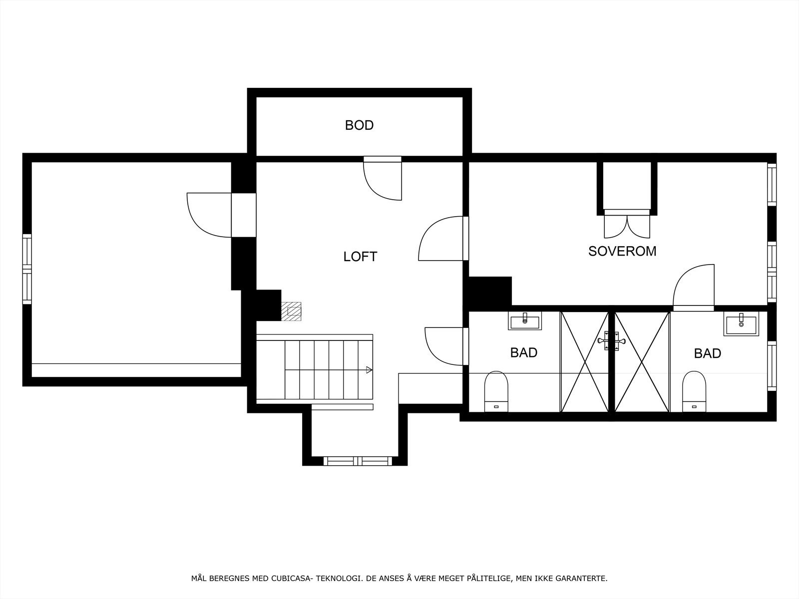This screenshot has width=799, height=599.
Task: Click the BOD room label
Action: [359, 125]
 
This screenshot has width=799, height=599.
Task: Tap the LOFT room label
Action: [360, 257]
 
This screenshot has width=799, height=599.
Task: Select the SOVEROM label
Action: [622, 251]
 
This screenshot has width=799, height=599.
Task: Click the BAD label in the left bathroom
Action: [523, 352]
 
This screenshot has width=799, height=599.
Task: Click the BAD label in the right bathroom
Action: [707, 353]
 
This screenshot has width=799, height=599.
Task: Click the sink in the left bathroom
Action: [524, 320]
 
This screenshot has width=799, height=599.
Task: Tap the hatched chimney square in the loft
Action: [292, 310]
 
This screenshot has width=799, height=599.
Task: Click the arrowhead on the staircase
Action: [369, 370]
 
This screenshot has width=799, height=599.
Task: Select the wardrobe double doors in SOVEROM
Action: [627, 225]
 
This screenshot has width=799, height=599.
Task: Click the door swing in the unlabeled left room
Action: [209, 215]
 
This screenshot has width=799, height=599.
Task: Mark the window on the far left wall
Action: [27, 269]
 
